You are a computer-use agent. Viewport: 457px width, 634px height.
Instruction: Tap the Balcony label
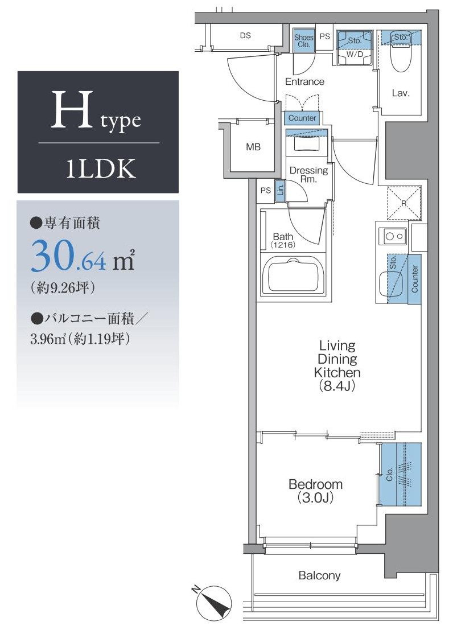pos(319,575)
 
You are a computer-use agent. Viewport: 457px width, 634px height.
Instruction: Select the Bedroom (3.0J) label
pos(315,491)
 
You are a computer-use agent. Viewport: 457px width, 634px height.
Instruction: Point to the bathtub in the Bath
pos(293,275)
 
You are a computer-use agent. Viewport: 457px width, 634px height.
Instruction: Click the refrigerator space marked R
pos(404,203)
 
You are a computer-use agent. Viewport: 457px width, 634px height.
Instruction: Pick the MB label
pos(253,147)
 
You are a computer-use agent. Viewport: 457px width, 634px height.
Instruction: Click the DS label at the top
pos(245,35)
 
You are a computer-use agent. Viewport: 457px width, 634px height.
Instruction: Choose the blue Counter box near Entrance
pos(302,118)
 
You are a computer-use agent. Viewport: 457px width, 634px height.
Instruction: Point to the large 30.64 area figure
pos(69,256)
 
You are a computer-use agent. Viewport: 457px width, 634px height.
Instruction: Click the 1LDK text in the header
pos(98,169)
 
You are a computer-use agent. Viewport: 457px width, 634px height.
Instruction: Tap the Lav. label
pos(401,93)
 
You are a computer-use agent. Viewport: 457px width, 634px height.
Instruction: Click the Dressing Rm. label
pos(308,174)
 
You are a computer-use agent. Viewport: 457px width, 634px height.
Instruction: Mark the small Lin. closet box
pos(280,191)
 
